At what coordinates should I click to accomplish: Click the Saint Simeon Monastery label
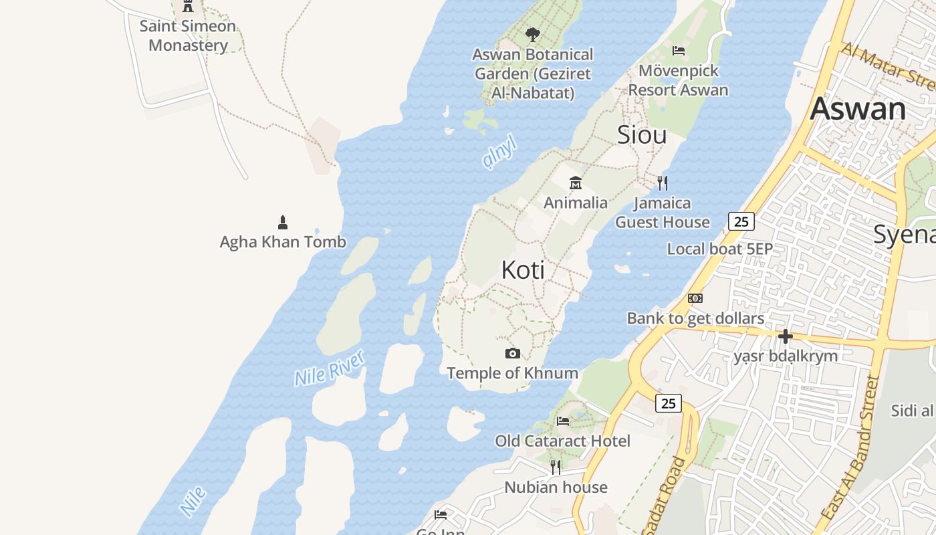point(188,36)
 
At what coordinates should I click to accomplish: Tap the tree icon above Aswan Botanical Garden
point(532,34)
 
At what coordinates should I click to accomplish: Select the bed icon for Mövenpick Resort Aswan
point(679,50)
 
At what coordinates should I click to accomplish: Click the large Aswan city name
point(858,108)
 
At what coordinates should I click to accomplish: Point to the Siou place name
point(642,135)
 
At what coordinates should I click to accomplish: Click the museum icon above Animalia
point(575,183)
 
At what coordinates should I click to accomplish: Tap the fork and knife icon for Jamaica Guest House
point(663,183)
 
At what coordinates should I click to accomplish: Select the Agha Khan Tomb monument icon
point(283,222)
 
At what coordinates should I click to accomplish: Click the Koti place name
point(523,270)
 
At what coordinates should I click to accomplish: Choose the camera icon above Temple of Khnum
point(513,353)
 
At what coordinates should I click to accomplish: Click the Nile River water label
point(330,368)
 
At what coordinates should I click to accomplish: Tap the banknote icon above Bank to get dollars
point(695,298)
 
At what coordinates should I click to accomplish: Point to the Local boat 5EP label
point(719,249)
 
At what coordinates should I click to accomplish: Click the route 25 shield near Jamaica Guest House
point(741,221)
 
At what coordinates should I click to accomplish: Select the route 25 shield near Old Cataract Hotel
point(669,403)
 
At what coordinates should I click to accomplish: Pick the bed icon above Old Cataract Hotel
point(563,421)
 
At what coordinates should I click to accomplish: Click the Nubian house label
point(556,488)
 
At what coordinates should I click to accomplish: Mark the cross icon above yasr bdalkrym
point(786,336)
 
